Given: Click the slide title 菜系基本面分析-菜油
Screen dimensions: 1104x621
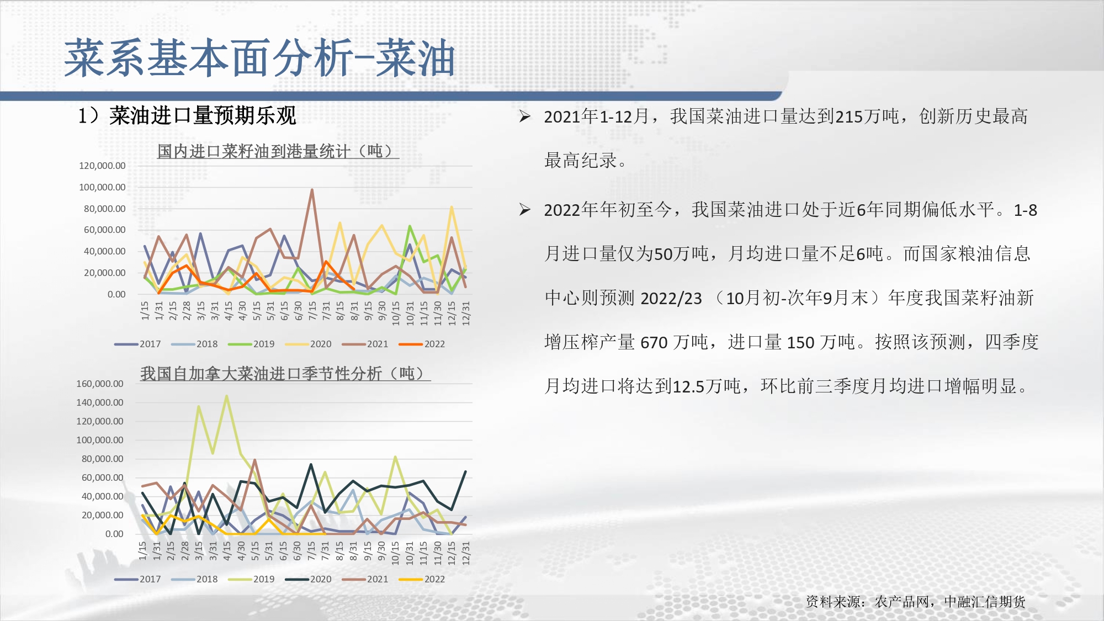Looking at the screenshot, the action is point(259,59).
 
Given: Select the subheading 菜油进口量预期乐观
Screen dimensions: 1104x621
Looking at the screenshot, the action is point(203,116).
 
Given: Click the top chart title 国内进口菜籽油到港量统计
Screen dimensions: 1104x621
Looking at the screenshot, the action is point(253,151).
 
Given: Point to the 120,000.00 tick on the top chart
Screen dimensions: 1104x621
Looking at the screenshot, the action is point(102,166).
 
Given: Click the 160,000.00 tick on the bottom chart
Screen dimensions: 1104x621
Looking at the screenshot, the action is point(100,384).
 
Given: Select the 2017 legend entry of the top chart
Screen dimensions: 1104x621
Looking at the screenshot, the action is point(137,344).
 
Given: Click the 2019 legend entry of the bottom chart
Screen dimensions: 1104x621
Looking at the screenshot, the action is point(251,579).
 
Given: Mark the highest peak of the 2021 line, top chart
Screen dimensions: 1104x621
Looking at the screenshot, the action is point(312,190).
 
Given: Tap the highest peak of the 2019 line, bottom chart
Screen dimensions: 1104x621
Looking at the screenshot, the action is point(226,396).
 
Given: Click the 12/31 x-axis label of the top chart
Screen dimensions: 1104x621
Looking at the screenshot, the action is point(466,313).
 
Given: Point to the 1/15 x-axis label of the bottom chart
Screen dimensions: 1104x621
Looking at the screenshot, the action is point(142,550).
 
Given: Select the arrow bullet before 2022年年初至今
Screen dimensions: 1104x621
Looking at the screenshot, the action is point(525,210).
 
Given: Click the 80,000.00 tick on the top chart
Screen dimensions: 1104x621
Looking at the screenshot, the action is point(105,209).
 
